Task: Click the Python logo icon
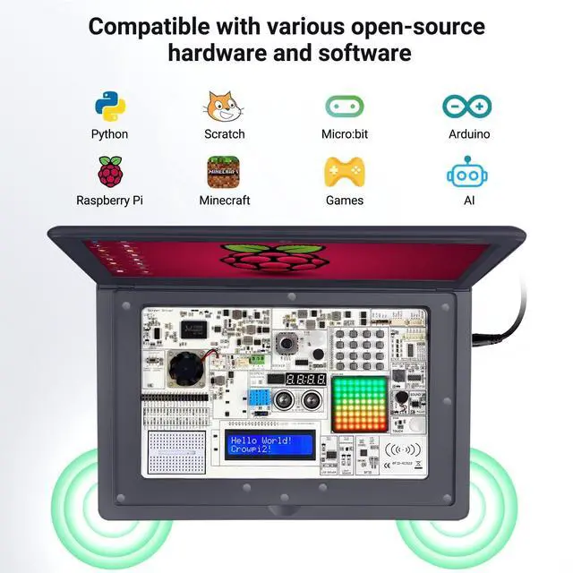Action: [109, 106]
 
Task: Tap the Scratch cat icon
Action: [224, 106]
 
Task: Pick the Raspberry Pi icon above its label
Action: [109, 171]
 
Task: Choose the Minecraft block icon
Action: [224, 171]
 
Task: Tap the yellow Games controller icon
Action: [344, 171]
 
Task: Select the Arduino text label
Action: [468, 134]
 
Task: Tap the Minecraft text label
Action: [224, 201]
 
